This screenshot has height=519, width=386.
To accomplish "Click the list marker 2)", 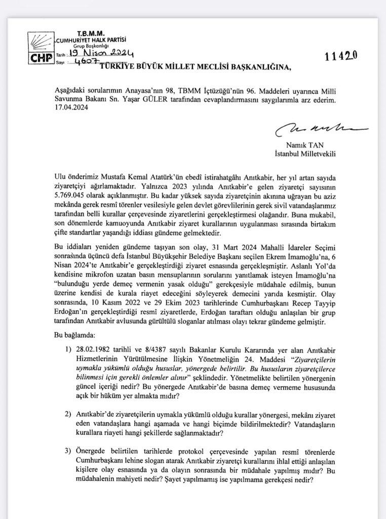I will [67, 414].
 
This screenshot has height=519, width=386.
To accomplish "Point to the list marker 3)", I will [67, 451].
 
